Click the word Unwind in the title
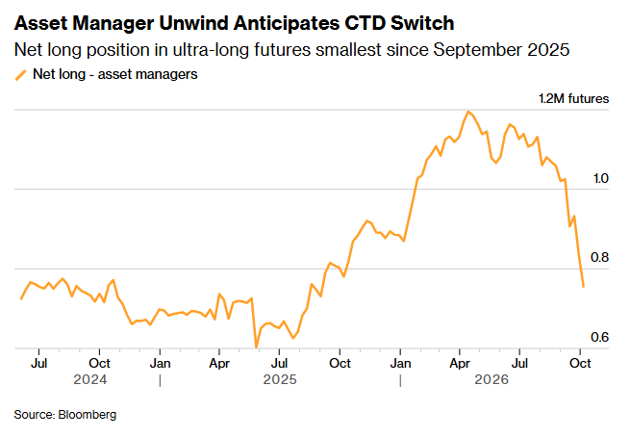tap(194, 23)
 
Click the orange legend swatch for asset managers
tap(20, 75)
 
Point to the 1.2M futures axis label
tap(574, 98)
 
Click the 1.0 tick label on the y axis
tap(601, 178)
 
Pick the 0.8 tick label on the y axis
tap(600, 257)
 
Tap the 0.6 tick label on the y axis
tap(600, 337)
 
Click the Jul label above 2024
tap(39, 363)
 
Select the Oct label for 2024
tap(99, 363)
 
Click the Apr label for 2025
tap(219, 364)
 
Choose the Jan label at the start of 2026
tap(400, 363)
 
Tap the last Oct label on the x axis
tap(580, 363)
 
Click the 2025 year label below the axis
tap(280, 379)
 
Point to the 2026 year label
tap(491, 379)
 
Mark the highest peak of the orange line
tap(468, 112)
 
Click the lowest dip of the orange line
tap(256, 347)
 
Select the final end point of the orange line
tap(584, 286)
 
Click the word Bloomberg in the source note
tap(88, 415)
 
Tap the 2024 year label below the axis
tap(90, 379)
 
